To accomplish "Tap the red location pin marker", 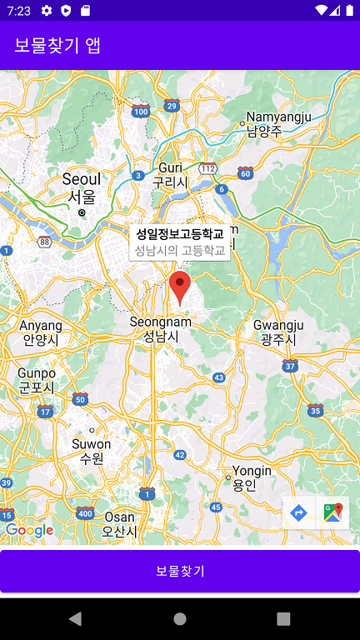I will (179, 287).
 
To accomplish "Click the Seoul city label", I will (82, 187).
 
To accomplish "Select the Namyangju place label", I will (279, 123).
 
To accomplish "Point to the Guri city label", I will (170, 175).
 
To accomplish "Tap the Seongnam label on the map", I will (161, 328).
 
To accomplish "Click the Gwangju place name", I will (278, 332).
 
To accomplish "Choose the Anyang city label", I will (40, 332).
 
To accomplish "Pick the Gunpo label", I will (37, 380).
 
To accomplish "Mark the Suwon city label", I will (92, 451).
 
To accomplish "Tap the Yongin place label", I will (252, 477).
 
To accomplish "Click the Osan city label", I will (119, 524).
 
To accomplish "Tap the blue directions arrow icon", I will (299, 512).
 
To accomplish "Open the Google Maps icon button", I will (332, 512).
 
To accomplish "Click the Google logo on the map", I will (29, 530).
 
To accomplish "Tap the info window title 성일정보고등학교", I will (180, 234).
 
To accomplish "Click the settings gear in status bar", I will (47, 10).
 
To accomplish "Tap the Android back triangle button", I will (76, 618).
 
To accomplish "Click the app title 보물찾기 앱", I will (57, 45).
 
